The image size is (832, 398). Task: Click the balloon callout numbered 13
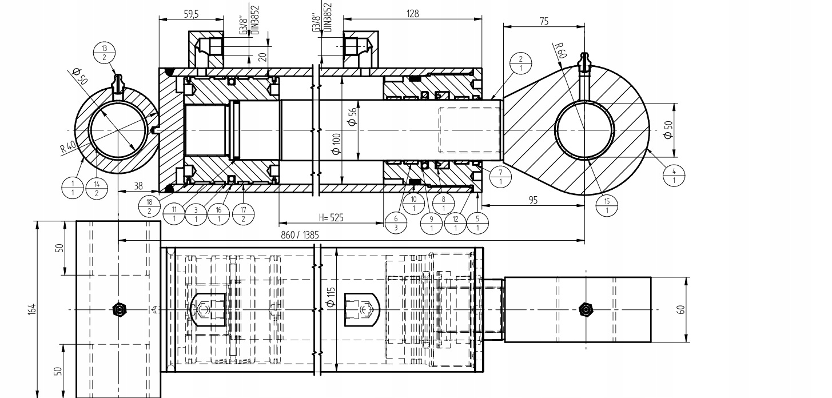coord(104,53)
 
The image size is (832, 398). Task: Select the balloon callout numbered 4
coord(674,176)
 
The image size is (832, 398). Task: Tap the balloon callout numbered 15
coord(607,206)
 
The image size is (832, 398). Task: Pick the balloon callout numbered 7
coord(500,177)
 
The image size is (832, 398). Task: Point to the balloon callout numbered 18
coord(149,206)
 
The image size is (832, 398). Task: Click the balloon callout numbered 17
coord(243,214)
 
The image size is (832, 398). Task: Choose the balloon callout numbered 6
coord(396,223)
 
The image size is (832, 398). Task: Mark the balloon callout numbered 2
coord(521,63)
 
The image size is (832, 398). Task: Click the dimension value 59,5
coord(192,14)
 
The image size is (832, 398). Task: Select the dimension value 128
coord(413,14)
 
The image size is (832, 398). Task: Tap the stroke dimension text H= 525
coord(331,217)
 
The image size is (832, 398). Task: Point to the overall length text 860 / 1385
coord(300,235)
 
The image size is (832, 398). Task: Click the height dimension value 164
coord(33,309)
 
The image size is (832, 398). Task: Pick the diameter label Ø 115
coord(331,297)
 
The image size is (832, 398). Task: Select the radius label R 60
coord(560,50)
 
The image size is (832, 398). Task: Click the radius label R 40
coord(68,148)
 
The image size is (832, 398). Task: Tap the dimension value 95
coord(533,200)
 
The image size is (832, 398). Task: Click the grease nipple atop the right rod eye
coord(584,63)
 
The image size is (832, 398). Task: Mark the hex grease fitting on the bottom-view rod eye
coord(586,309)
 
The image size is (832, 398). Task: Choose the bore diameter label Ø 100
coord(336,144)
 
